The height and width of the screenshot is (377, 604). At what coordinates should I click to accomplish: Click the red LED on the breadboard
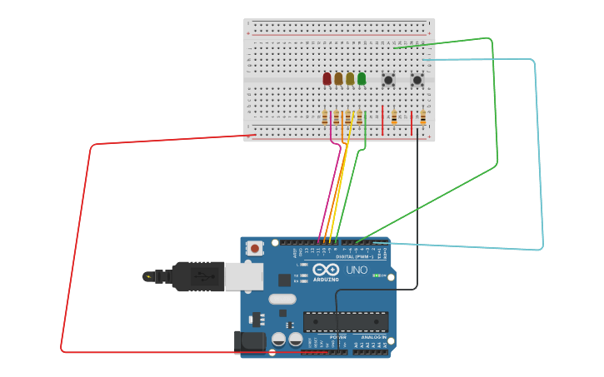pos(327,78)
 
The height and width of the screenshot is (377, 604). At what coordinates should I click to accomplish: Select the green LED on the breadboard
pos(362,78)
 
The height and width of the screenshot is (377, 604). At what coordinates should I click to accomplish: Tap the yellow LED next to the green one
pos(350,78)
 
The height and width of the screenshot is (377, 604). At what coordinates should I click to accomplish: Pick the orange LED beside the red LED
pos(338,78)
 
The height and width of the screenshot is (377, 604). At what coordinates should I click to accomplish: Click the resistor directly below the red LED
pos(325,118)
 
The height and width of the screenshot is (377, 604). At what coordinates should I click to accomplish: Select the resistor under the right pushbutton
pos(422,118)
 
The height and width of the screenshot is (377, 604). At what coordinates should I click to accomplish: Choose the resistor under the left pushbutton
pos(394,118)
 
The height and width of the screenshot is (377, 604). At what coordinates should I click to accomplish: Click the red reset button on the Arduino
pos(254,248)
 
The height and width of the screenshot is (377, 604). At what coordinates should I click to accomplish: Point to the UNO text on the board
pos(357,270)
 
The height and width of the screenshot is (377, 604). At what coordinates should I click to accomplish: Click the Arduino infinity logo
pos(326,270)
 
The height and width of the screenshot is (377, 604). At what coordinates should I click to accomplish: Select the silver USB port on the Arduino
pos(243,276)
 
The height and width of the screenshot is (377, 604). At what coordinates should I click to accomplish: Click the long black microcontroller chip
pos(346,321)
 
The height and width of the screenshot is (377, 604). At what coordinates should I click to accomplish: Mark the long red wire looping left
pos(75,250)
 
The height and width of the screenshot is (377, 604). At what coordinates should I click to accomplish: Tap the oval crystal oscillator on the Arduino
pos(282,299)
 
